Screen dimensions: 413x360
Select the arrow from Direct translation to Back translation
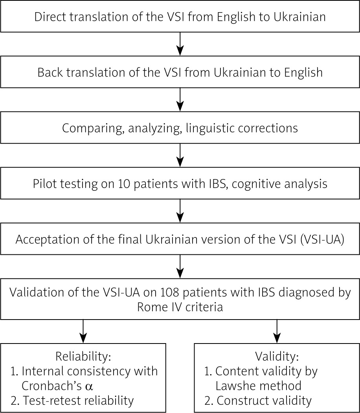(x=180, y=44)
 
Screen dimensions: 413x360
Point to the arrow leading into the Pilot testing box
(x=180, y=155)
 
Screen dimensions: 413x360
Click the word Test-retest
(x=46, y=400)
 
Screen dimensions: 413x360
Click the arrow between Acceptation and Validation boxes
(x=180, y=266)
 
